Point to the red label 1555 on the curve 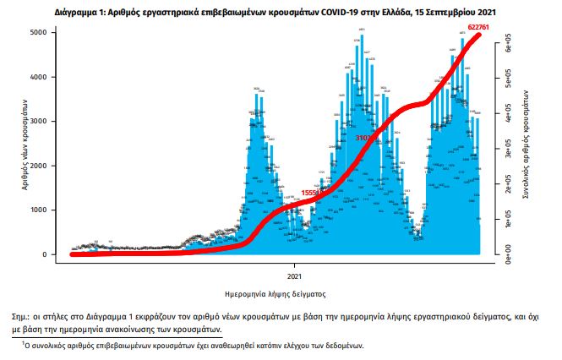[x=309, y=193]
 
